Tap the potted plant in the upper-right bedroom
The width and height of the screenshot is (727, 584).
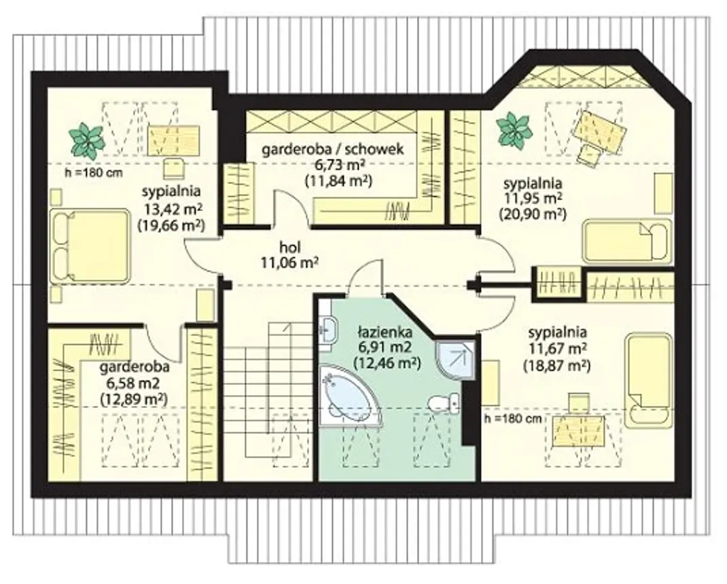click(514, 131)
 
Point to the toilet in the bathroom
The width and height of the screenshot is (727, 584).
click(443, 403)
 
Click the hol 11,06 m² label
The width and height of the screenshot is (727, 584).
click(290, 255)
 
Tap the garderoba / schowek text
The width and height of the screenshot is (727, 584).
click(333, 149)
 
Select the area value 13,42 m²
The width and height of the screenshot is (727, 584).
click(174, 209)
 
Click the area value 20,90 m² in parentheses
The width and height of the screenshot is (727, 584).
click(533, 214)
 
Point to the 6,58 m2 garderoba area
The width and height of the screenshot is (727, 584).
click(133, 383)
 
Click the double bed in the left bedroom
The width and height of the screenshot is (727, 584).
click(90, 246)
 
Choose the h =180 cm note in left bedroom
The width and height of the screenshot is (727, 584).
click(94, 173)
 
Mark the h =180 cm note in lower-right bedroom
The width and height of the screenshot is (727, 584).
click(513, 419)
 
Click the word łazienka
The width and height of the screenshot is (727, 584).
click(385, 332)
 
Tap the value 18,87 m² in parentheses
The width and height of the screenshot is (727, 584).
click(557, 366)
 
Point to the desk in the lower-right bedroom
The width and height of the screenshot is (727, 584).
click(578, 431)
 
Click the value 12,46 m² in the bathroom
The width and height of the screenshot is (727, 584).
click(387, 363)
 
